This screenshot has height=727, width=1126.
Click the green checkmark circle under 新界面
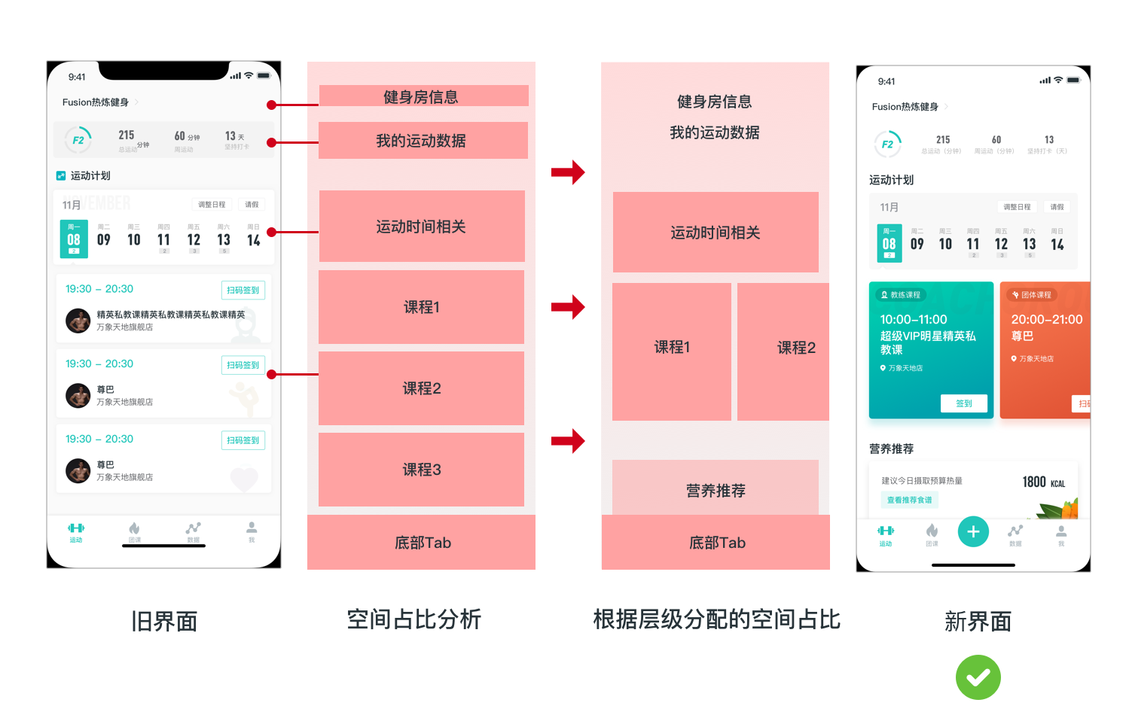(x=978, y=677)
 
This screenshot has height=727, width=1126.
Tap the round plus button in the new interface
(x=973, y=532)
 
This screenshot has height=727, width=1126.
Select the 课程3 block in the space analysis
(x=421, y=470)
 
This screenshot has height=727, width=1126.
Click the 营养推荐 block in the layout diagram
(x=716, y=490)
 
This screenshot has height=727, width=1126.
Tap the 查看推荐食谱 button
(x=910, y=500)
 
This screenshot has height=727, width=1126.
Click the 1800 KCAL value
(x=1043, y=482)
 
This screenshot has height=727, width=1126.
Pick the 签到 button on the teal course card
(x=964, y=403)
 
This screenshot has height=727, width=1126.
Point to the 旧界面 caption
(x=164, y=621)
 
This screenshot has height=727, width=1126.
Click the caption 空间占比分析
(x=413, y=619)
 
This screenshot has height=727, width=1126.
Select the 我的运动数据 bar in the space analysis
(x=422, y=141)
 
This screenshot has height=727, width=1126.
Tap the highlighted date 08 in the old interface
(x=74, y=239)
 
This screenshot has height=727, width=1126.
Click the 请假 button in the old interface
(x=252, y=205)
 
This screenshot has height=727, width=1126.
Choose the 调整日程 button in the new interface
(x=1017, y=207)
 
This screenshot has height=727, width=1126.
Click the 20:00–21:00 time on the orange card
(x=1046, y=319)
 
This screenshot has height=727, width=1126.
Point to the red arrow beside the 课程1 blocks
(x=568, y=307)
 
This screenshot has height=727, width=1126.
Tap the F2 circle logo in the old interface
(x=78, y=140)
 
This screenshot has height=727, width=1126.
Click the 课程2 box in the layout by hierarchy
(x=795, y=348)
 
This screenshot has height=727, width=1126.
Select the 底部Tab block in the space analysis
(x=422, y=543)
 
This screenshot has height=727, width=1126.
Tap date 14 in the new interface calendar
(x=1057, y=244)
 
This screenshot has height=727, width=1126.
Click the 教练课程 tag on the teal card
(x=901, y=295)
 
